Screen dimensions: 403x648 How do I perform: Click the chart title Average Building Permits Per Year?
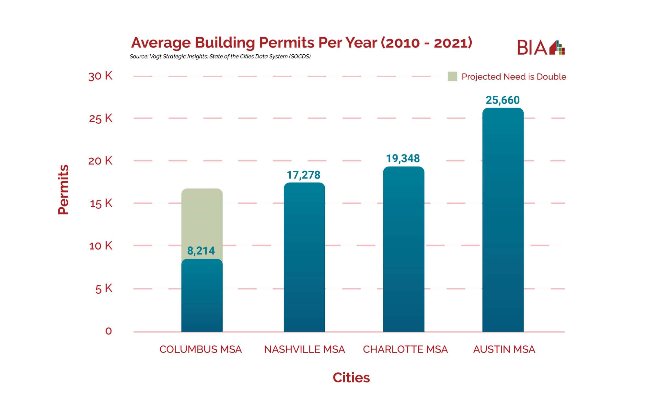point(301,43)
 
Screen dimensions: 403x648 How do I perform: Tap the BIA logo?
point(540,48)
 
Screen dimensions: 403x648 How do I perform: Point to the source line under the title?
point(220,57)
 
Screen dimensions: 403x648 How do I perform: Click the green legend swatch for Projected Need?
point(452,77)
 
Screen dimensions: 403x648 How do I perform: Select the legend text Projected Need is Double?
point(514,77)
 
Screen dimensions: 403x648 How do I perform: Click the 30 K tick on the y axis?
point(100,76)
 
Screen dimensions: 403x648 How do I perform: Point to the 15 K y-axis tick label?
point(101,203)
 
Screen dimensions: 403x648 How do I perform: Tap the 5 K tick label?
point(104,289)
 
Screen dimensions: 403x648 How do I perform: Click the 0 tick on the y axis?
point(109,331)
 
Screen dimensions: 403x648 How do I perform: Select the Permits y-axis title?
point(64,190)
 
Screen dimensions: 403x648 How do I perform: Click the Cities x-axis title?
point(351,377)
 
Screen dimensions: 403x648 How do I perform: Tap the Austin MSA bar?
point(503,220)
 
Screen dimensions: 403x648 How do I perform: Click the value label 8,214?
point(201,251)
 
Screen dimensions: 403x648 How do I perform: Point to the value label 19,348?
point(403,158)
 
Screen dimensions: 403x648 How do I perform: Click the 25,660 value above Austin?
point(503,100)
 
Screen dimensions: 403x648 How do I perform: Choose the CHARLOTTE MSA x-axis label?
point(405,349)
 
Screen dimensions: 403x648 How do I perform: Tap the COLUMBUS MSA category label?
point(201,349)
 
